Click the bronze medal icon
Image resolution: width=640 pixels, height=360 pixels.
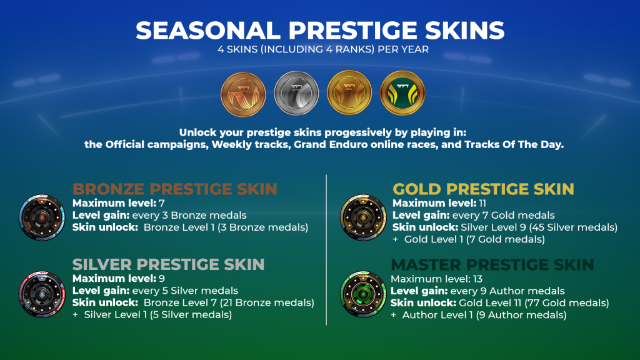243,94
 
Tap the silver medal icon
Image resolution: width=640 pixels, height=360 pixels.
296,94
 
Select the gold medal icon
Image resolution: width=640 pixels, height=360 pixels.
349,92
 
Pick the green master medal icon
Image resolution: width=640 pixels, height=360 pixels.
402,92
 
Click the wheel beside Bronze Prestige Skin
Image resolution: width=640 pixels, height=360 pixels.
42,217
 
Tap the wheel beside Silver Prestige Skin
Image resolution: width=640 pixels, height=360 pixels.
42,294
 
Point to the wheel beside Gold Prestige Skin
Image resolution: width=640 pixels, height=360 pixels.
363,217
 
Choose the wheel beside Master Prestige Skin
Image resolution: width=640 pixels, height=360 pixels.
363,294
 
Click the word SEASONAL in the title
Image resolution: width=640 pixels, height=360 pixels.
207,31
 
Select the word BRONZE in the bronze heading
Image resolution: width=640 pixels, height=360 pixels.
108,189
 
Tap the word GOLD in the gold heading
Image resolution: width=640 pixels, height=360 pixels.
417,189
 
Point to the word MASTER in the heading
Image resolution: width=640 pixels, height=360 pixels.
426,265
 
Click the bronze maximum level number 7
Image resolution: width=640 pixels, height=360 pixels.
162,203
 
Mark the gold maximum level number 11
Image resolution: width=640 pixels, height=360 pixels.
482,203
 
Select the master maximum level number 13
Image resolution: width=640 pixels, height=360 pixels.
477,279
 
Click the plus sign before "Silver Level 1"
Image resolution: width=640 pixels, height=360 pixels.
75,315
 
